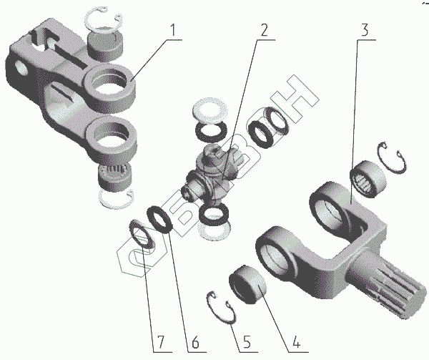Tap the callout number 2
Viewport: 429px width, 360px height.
pyautogui.click(x=265, y=31)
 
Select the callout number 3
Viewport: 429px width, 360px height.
pyautogui.click(x=365, y=31)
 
